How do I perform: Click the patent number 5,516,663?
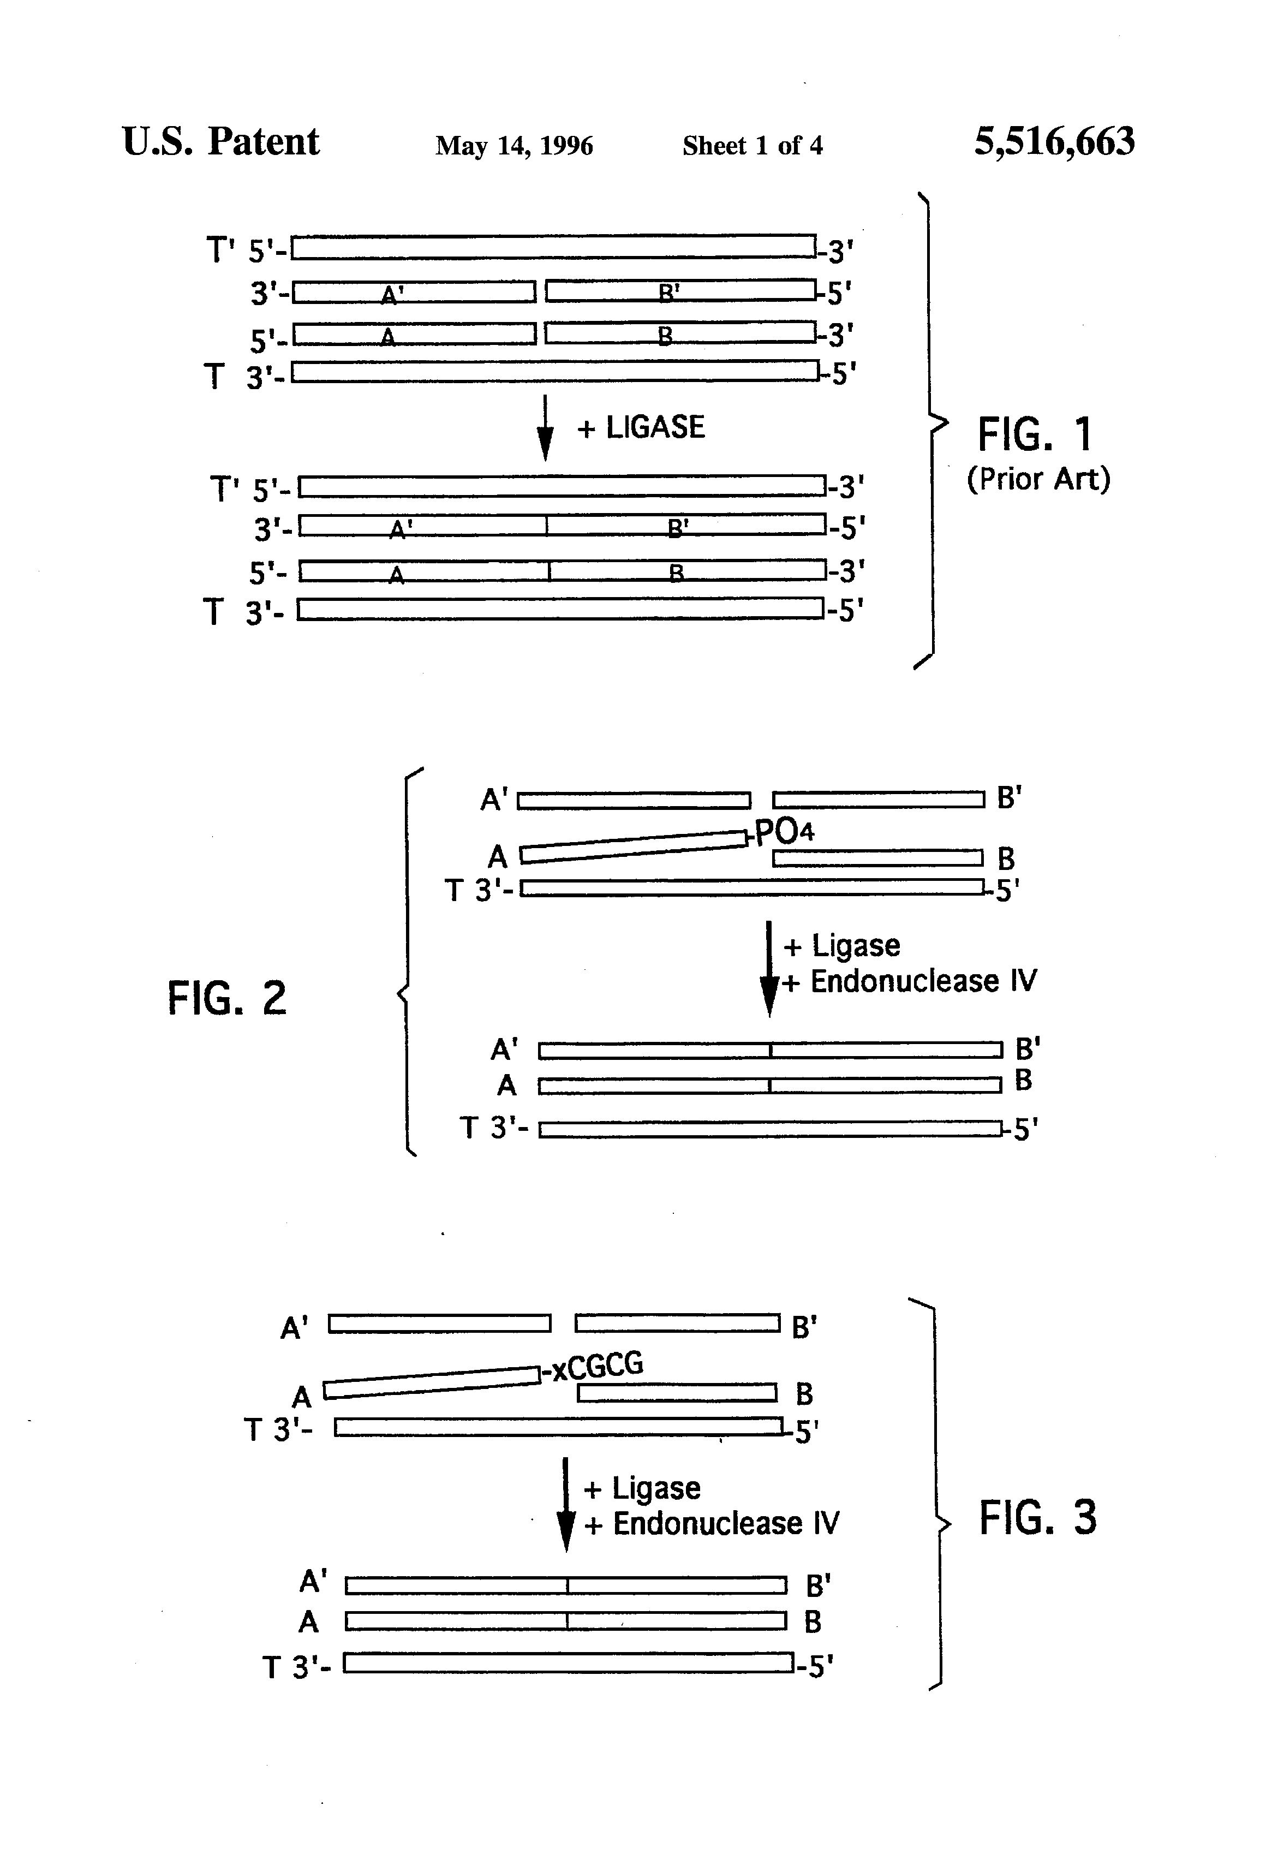tap(1053, 142)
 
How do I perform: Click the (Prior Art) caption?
tap(1038, 479)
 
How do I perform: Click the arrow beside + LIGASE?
tap(545, 428)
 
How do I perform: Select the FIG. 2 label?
tap(226, 998)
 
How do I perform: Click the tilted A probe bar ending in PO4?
tap(633, 846)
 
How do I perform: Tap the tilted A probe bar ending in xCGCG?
tap(432, 1382)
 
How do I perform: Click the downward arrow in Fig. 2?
tap(769, 968)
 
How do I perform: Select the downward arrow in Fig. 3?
tap(566, 1505)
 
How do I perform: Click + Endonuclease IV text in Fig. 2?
tap(909, 981)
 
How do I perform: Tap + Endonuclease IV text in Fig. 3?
tap(712, 1523)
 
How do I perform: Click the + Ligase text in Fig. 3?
tap(643, 1488)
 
